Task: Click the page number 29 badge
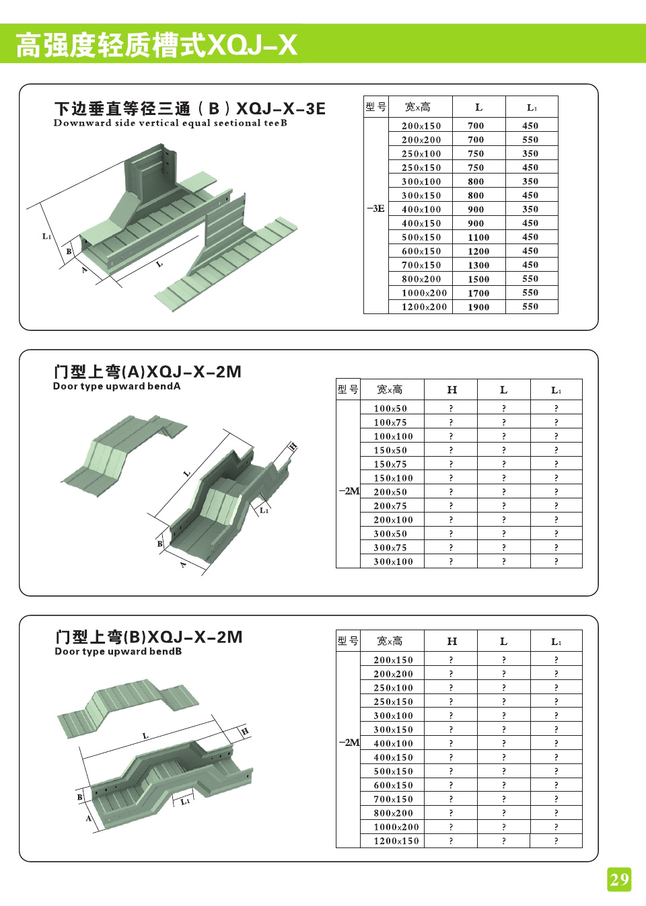click(x=619, y=879)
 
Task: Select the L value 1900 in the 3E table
click(x=478, y=307)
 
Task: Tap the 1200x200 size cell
click(x=424, y=307)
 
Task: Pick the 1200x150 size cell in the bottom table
click(x=396, y=841)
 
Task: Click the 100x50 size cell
click(x=390, y=409)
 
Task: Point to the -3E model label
click(x=375, y=209)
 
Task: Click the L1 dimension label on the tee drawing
click(x=46, y=236)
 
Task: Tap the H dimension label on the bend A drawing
click(x=292, y=447)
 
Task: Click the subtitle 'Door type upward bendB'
click(x=118, y=652)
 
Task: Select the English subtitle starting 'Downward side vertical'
click(x=170, y=123)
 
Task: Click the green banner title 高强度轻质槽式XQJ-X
click(x=156, y=45)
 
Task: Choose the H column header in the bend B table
click(x=452, y=642)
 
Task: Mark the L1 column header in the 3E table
click(x=532, y=108)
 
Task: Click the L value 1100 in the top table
click(x=478, y=237)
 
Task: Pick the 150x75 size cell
click(x=390, y=465)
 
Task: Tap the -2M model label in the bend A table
click(x=349, y=491)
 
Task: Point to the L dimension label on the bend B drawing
click(x=145, y=737)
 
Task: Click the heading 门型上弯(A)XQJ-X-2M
click(x=147, y=372)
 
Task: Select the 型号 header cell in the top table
click(x=375, y=107)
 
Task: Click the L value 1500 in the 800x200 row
click(x=478, y=279)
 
